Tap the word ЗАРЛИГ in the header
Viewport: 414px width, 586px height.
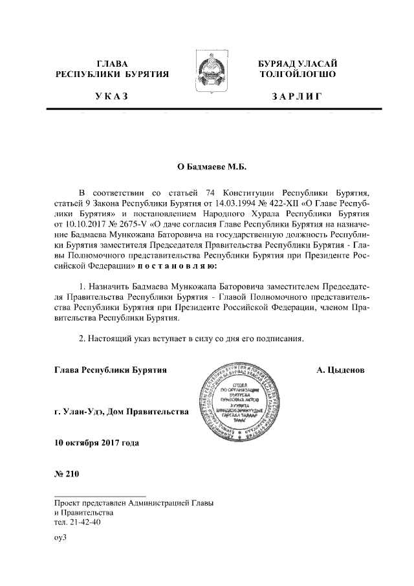(297, 97)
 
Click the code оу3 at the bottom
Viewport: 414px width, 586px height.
(61, 537)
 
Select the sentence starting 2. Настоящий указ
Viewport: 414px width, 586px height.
(190, 338)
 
